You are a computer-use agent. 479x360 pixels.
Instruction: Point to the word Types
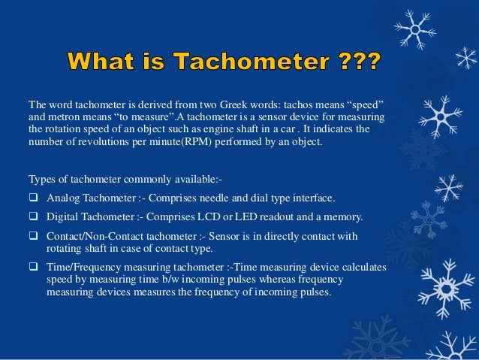click(x=42, y=180)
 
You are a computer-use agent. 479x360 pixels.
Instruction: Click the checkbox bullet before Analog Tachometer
click(x=34, y=198)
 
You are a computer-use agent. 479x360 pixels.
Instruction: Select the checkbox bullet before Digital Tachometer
click(x=34, y=217)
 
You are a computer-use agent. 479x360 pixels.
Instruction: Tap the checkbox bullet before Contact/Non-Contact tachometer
click(x=34, y=237)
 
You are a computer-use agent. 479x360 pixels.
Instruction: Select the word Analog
click(x=63, y=198)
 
